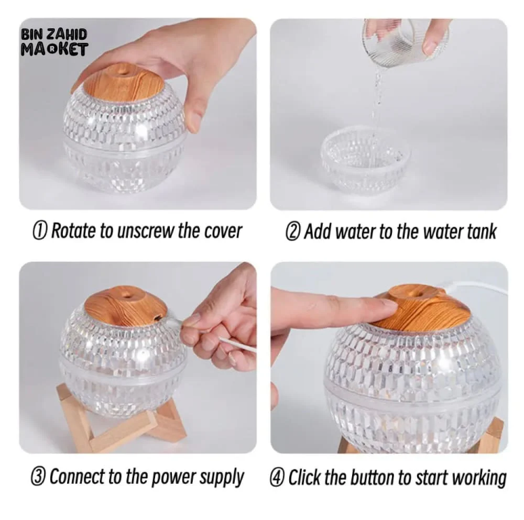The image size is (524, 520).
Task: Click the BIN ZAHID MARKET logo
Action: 54,42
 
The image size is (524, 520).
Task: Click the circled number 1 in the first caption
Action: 39,231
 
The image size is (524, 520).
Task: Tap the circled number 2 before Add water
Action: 292,232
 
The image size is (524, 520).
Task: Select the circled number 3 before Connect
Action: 37,477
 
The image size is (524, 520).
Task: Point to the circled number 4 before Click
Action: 277,478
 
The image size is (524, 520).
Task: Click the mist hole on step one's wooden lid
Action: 124,71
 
